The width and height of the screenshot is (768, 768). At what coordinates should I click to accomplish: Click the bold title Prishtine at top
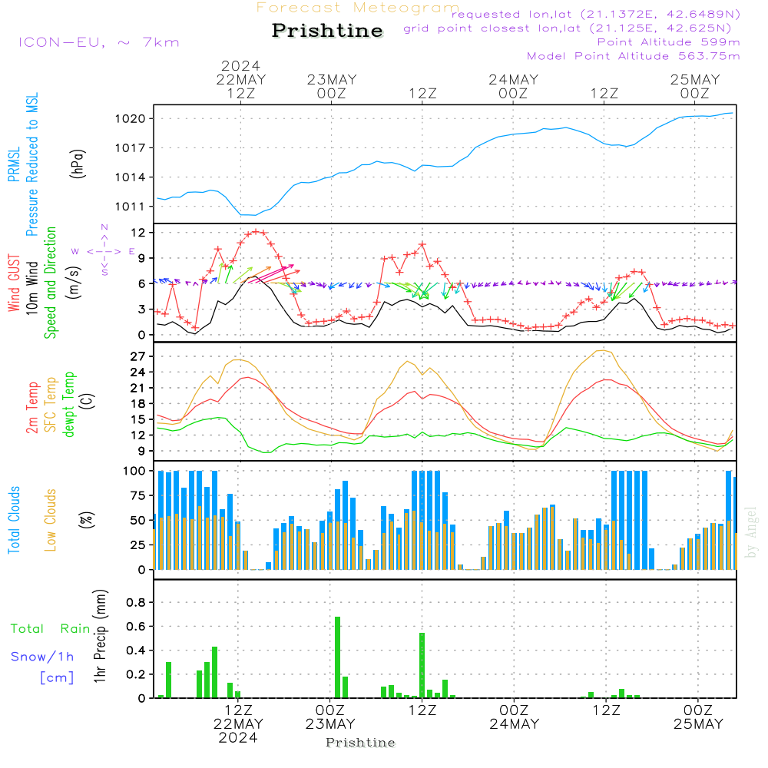(327, 31)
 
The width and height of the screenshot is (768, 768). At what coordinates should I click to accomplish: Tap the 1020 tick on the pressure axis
(131, 118)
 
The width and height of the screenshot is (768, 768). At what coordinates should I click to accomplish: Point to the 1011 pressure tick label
(131, 207)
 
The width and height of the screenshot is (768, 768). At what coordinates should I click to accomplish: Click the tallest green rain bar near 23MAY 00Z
(337, 657)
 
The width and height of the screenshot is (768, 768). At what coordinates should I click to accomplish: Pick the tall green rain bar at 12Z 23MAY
(422, 665)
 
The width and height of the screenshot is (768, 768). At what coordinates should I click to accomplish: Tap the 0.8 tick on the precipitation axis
(136, 602)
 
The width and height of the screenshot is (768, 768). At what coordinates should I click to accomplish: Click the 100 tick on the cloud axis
(134, 471)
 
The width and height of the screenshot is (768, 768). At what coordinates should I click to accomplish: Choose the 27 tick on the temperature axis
(138, 356)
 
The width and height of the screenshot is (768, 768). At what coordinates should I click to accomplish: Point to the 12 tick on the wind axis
(138, 232)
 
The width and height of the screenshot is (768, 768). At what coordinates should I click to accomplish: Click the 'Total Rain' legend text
(51, 628)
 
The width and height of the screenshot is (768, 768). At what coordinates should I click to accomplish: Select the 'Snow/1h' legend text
(42, 657)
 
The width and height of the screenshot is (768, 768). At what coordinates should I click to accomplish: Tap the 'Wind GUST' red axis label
(14, 283)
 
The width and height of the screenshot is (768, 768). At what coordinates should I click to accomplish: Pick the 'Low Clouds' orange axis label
(51, 520)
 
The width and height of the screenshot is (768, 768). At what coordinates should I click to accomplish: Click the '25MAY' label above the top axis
(695, 79)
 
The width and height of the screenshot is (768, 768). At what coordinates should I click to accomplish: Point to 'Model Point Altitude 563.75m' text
(634, 56)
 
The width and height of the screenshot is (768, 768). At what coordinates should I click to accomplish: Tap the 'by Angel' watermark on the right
(751, 532)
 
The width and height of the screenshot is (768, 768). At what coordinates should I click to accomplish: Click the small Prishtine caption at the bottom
(360, 743)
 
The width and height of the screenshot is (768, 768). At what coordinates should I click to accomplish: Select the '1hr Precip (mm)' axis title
(100, 636)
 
